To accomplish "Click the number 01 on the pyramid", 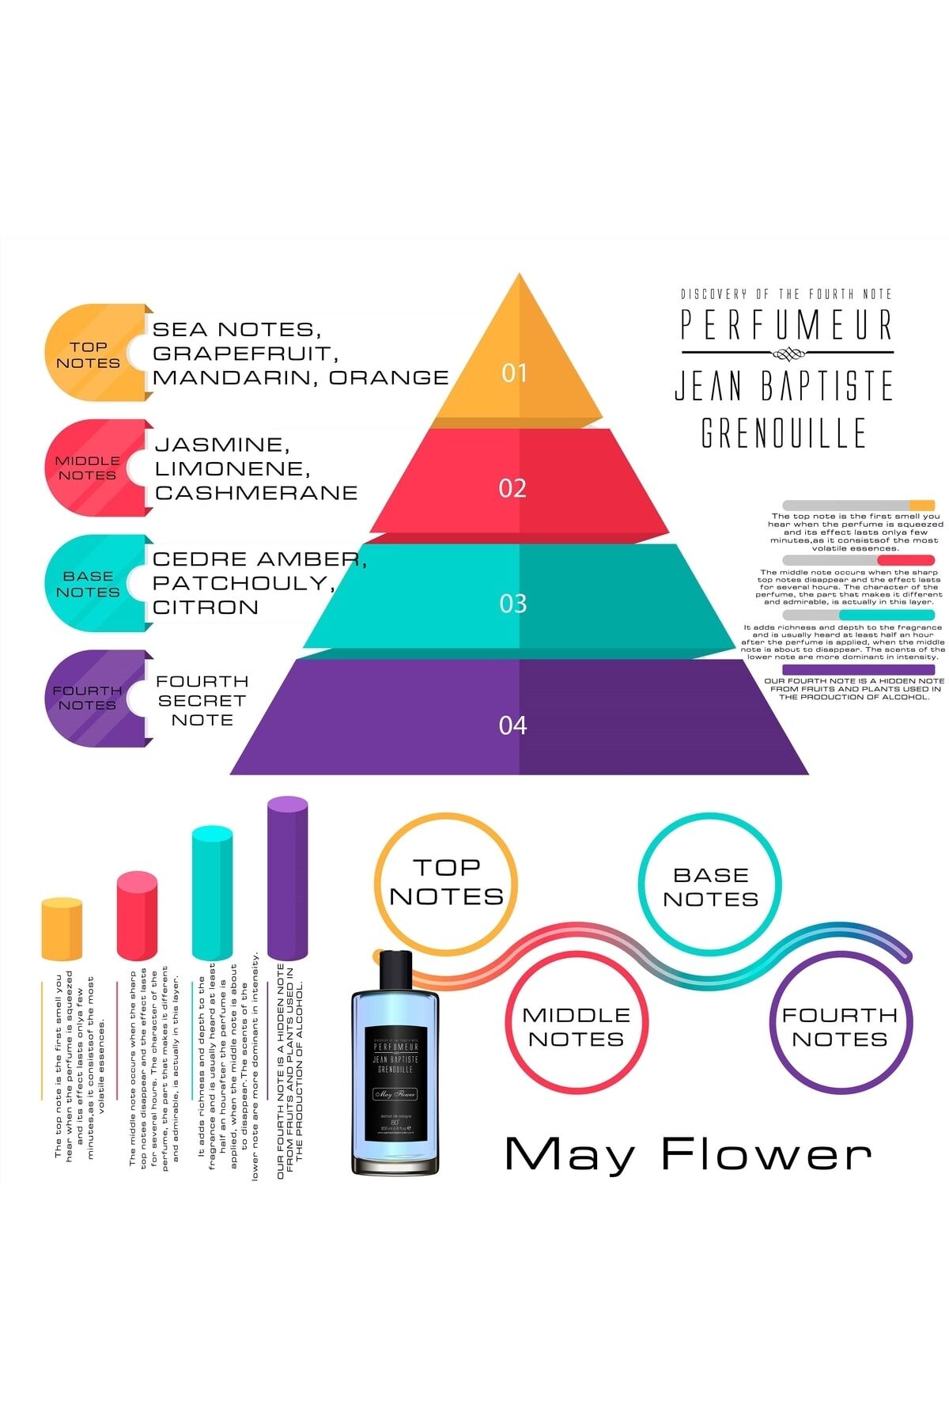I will tap(514, 373).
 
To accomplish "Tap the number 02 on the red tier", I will tap(512, 488).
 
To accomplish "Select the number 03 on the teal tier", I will tap(512, 604).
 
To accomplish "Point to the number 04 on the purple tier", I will tap(512, 725).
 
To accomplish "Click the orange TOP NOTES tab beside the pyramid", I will tap(89, 354).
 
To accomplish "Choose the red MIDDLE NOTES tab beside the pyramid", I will tap(88, 468).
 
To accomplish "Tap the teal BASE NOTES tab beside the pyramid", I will tap(88, 584).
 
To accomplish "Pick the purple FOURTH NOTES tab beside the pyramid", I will tap(88, 698).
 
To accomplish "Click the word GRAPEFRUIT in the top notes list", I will tap(245, 353).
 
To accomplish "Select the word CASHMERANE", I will tap(256, 492).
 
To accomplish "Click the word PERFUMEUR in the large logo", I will tap(787, 324).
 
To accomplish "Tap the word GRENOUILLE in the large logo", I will tap(784, 433).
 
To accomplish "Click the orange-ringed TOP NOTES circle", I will tap(446, 883).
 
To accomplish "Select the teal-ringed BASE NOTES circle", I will tap(710, 887).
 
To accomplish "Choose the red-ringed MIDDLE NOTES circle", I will tap(577, 1027).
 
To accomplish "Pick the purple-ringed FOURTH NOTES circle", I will tap(840, 1027).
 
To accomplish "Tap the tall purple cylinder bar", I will tap(287, 878).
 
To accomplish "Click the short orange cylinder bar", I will tap(62, 930).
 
